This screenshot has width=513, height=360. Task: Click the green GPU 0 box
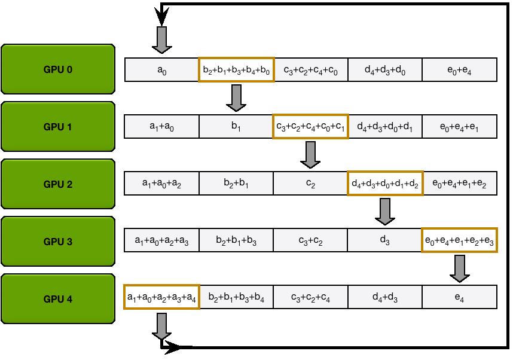tap(58, 69)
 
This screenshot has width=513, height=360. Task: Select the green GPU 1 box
tap(58, 127)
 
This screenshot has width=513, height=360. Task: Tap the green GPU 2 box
tap(58, 184)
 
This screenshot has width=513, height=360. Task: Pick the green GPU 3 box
tap(58, 242)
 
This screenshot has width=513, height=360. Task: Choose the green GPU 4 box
tap(58, 299)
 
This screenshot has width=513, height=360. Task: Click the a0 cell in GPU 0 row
tap(161, 70)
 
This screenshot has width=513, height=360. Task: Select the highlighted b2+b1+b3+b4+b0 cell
tap(236, 70)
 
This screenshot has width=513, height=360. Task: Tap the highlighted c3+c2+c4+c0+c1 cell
tap(310, 127)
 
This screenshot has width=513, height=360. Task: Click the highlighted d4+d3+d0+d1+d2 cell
tap(385, 184)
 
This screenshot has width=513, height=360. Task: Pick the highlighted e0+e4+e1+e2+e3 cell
tap(459, 240)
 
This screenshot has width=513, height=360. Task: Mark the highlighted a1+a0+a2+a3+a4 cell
tap(161, 297)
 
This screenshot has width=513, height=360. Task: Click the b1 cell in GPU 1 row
tap(236, 127)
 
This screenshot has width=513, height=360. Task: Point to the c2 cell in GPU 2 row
tap(310, 184)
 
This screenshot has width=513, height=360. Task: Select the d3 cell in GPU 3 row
tap(385, 240)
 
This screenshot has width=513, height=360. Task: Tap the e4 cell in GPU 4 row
tap(459, 297)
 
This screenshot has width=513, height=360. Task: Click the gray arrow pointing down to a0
tap(162, 40)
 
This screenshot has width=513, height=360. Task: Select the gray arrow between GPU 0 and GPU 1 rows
tap(236, 97)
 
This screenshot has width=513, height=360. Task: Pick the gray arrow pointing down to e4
tap(459, 268)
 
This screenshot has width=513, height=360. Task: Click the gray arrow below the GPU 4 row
tap(162, 325)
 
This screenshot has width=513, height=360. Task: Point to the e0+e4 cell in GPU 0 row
tap(459, 70)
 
